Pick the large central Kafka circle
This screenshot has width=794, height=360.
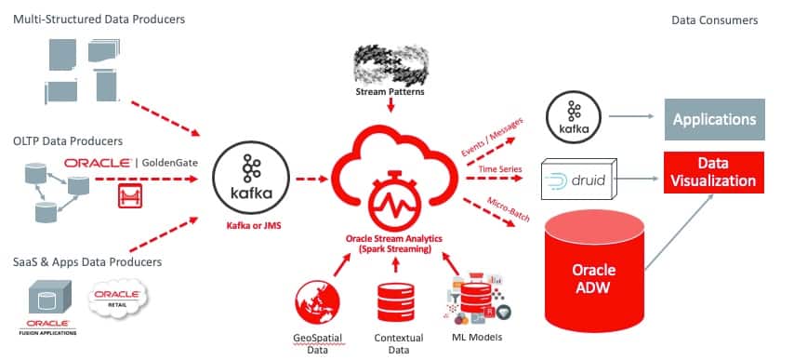(251, 175)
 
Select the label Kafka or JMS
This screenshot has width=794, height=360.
(250, 226)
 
